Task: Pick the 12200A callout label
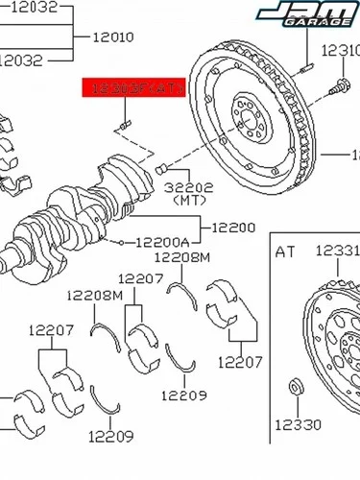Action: pos(161,243)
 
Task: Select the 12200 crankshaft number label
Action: pos(233,228)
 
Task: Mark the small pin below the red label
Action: pos(123,125)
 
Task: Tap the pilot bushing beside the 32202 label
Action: pos(160,170)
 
